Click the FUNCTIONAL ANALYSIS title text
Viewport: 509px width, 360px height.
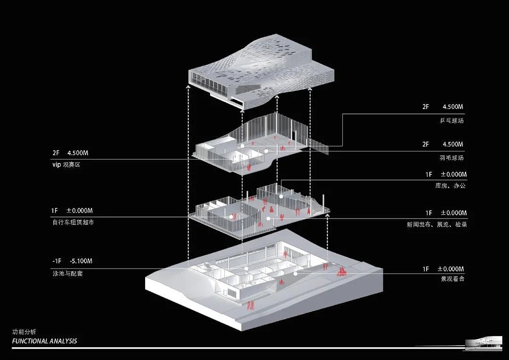44,341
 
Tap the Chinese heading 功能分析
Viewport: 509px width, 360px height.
24,332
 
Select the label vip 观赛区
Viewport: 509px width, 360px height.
66,164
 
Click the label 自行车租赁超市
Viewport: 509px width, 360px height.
73,222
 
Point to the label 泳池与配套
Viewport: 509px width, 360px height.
67,273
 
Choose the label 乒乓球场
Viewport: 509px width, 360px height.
452,121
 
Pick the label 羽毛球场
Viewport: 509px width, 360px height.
452,158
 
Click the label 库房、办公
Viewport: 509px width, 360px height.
450,186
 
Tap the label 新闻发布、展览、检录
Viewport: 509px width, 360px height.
436,224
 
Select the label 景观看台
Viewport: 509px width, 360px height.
452,278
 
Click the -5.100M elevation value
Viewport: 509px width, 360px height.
81,261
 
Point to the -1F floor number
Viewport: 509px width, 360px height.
57,261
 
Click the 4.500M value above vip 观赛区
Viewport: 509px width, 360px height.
78,153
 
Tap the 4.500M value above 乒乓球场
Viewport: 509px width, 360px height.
453,107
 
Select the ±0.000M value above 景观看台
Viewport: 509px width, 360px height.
451,269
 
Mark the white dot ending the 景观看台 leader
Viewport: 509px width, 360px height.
296,274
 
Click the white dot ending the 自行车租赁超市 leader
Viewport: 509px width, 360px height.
231,217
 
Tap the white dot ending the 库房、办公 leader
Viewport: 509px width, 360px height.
281,196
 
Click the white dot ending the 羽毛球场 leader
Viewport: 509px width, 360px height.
266,151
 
